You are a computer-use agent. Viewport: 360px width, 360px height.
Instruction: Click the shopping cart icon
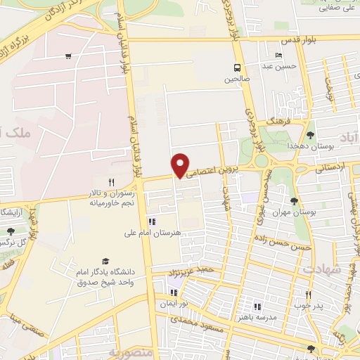point(67,56)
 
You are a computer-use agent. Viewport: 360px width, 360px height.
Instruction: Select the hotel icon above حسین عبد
point(280,56)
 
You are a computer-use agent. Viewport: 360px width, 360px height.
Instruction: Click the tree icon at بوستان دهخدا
point(310,134)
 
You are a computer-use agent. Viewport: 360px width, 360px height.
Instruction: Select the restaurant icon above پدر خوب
point(308,295)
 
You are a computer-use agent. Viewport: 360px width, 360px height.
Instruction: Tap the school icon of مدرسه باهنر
point(257,307)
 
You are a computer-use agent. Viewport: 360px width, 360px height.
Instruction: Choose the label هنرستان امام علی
point(152,232)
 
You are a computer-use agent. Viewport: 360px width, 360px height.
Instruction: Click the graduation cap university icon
point(106,261)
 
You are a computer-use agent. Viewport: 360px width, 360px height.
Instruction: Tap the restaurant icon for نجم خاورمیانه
point(111,182)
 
